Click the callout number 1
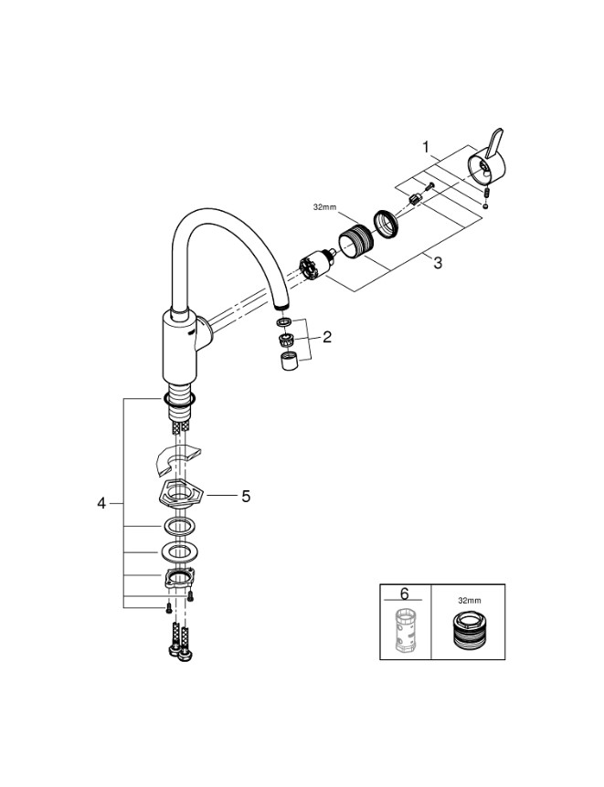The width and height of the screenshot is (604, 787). click(x=426, y=145)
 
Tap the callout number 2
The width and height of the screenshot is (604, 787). click(x=327, y=337)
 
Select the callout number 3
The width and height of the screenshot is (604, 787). click(x=438, y=263)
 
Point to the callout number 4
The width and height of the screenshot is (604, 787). click(x=102, y=503)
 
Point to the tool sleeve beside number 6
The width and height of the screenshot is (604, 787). click(x=406, y=629)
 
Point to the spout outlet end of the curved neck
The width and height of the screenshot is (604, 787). click(x=282, y=305)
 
